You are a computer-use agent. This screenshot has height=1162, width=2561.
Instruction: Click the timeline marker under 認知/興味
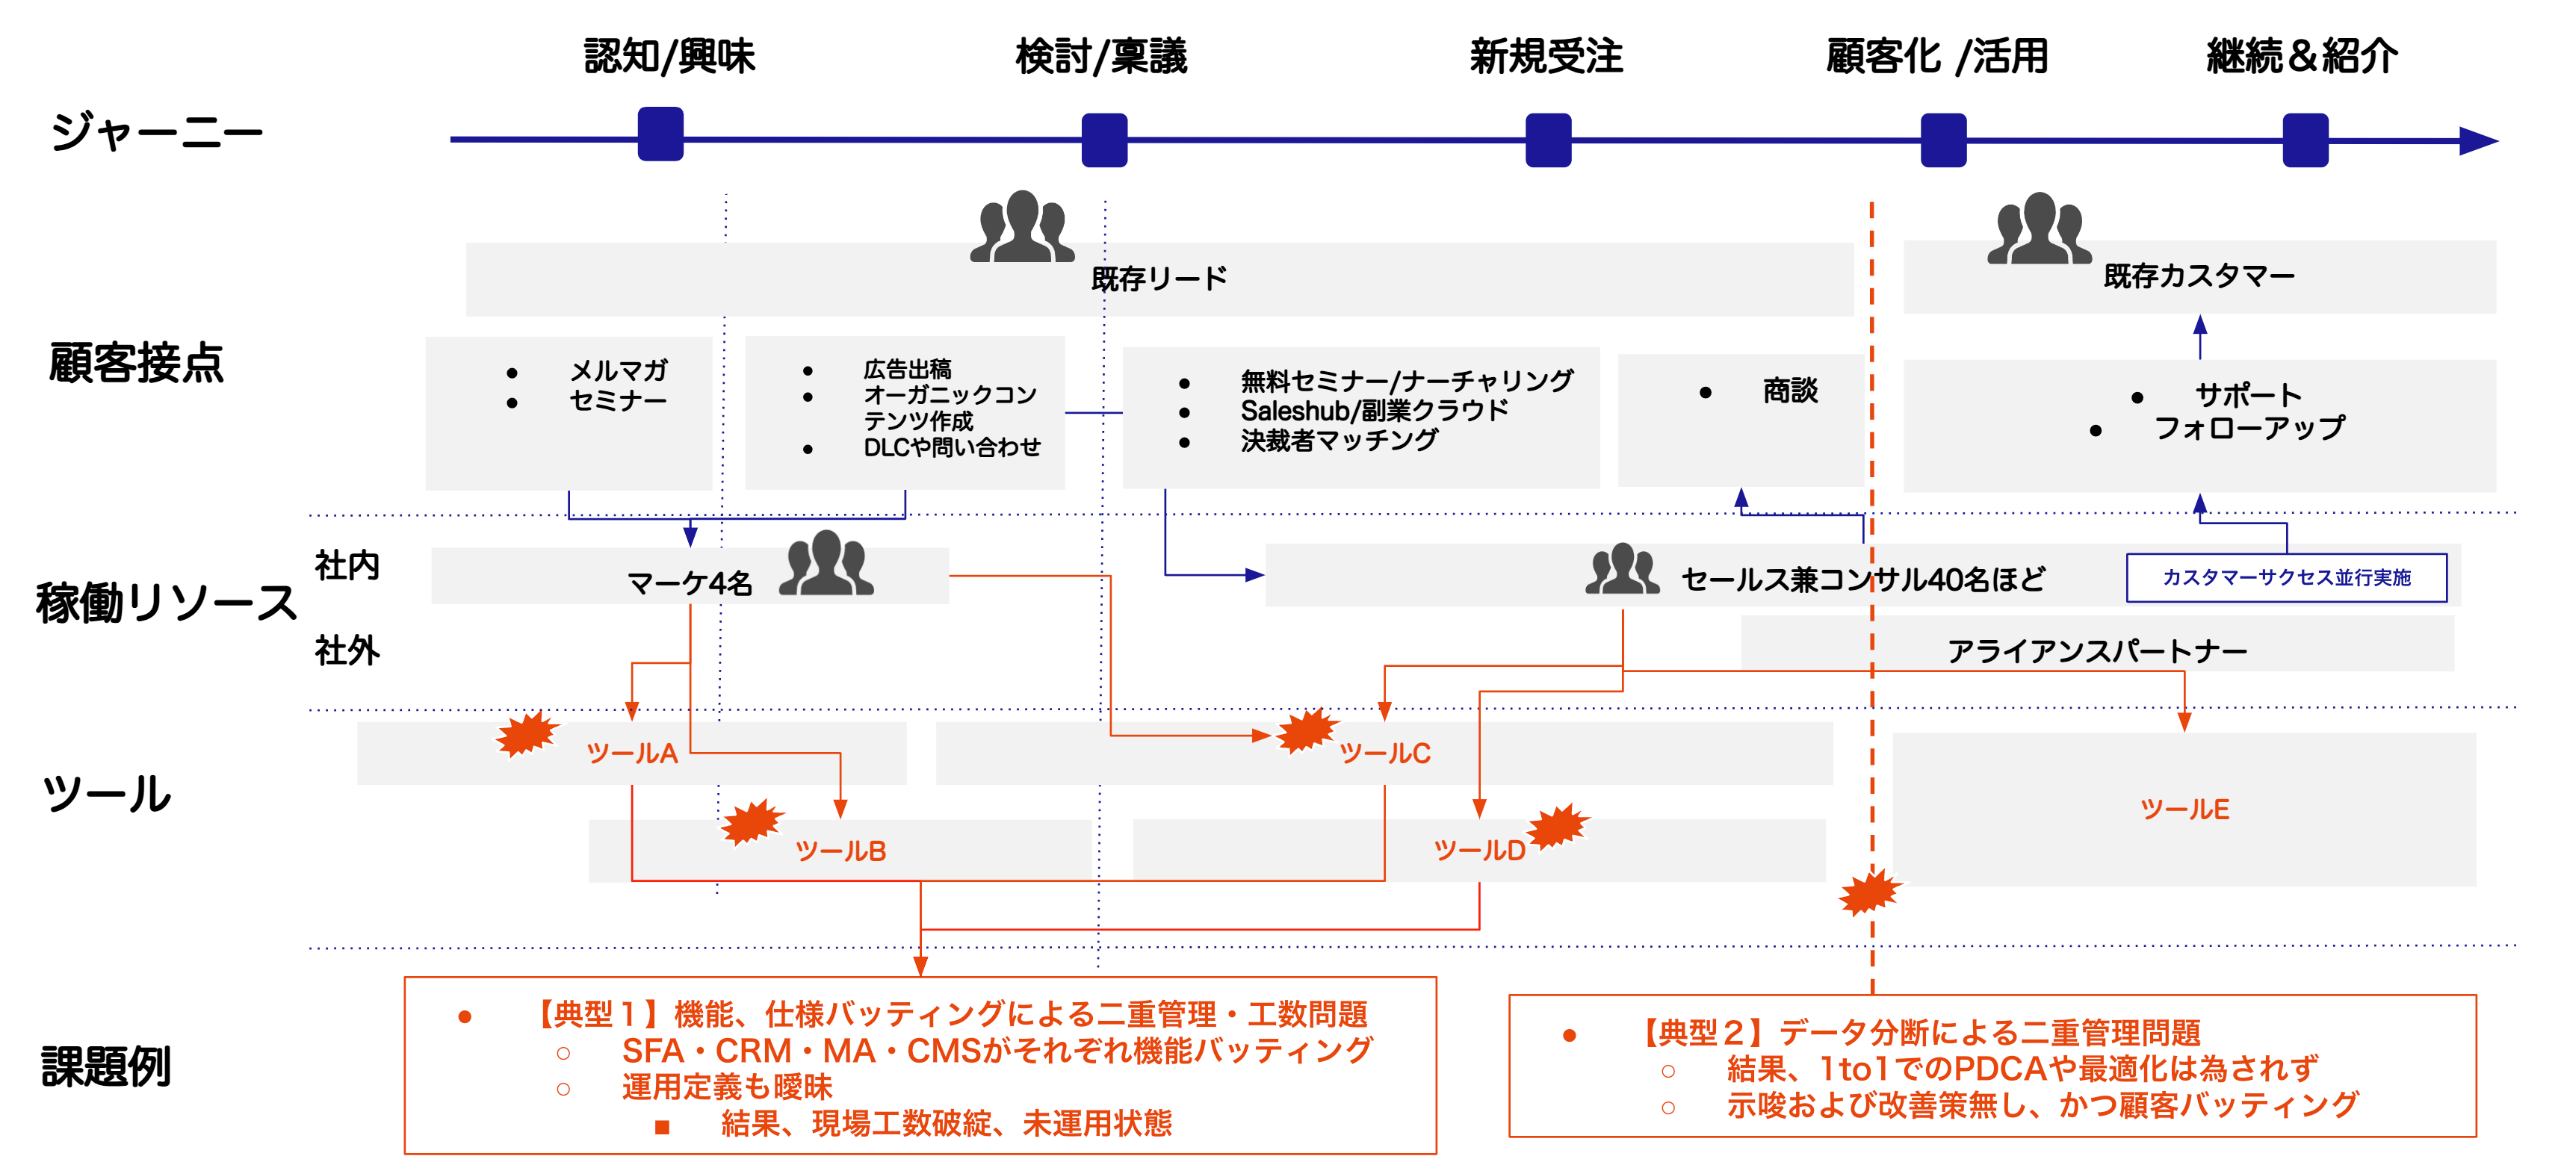(660, 134)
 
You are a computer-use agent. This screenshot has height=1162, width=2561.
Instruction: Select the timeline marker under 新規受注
(1548, 140)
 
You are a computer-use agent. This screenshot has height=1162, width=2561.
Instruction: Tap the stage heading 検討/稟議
(1101, 56)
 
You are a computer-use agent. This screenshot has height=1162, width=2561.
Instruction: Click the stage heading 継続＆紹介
(2303, 56)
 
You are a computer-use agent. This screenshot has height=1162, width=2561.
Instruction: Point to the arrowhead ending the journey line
(2480, 141)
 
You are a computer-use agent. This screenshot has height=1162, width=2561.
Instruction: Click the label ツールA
(632, 754)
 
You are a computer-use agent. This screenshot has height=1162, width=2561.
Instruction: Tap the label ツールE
(2184, 809)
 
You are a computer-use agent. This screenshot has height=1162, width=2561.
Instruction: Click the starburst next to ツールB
(752, 822)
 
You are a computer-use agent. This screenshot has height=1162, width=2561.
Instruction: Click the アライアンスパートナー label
(2098, 651)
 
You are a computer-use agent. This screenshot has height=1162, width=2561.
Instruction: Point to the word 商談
(1789, 391)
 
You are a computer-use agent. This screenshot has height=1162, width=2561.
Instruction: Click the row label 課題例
(106, 1066)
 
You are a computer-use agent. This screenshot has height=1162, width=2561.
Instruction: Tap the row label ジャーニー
(157, 132)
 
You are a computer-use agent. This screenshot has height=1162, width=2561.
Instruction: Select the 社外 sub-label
(347, 650)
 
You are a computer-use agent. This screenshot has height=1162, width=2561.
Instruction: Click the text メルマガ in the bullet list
(619, 370)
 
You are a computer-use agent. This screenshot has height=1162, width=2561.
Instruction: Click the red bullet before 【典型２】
(1570, 1036)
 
